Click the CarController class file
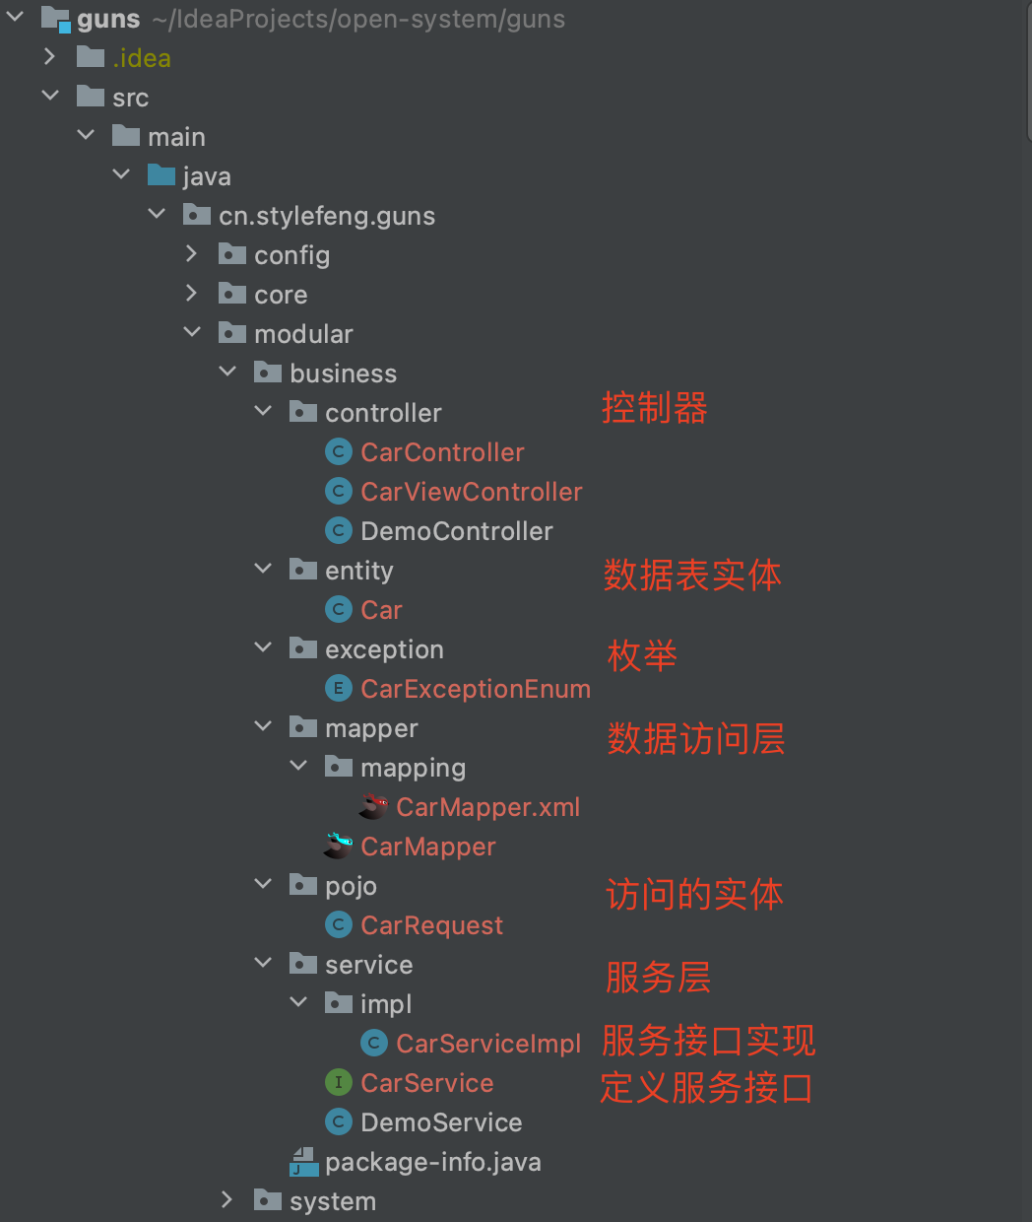[442, 452]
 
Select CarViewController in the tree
[471, 492]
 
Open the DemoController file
[456, 531]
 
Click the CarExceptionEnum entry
[475, 689]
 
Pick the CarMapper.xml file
[487, 807]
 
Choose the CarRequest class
[431, 925]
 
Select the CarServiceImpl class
[487, 1044]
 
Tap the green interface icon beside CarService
[338, 1083]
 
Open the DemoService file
[441, 1122]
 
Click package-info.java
[432, 1162]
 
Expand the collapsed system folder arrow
[227, 1199]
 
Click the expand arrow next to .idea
[50, 57]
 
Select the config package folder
[291, 255]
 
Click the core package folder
[281, 295]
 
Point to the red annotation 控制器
[654, 408]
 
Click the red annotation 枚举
[642, 655]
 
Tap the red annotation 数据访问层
[695, 738]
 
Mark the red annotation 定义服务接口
[706, 1088]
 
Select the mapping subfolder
[413, 768]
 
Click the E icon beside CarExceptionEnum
[338, 689]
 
